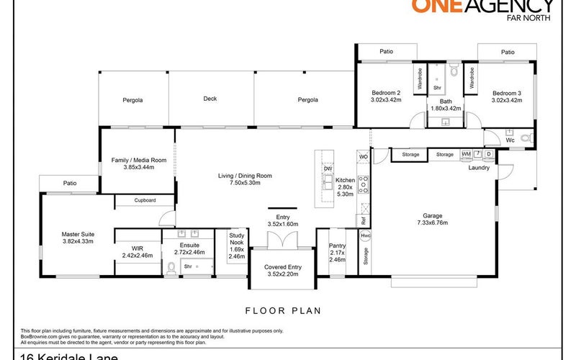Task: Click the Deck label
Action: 210,99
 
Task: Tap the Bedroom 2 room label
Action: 386,93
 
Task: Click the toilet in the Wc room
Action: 525,138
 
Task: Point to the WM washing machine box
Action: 466,154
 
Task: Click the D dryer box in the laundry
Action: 489,154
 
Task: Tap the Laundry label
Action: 479,168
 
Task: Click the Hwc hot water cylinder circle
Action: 365,235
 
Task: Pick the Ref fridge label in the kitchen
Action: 364,220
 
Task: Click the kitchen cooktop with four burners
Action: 364,185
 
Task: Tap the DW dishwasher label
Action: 327,168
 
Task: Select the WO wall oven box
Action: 364,156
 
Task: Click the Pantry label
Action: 337,246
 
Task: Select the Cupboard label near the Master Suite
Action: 145,200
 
